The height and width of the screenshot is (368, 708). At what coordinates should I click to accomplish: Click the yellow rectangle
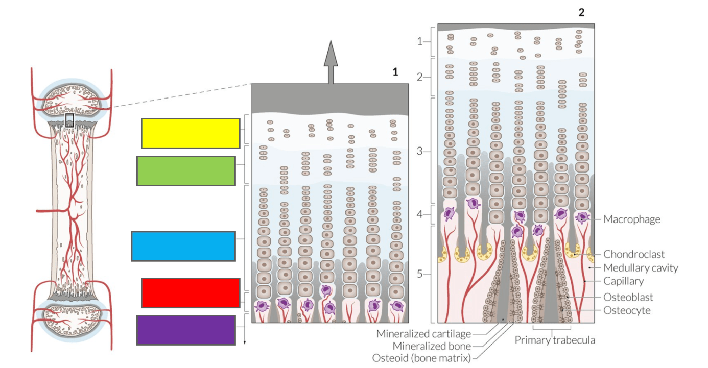point(191,133)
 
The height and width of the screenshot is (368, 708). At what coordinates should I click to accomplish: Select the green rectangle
point(186,171)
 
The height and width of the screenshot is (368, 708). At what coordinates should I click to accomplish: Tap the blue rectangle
point(183,247)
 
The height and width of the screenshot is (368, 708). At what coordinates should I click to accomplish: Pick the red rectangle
point(191,293)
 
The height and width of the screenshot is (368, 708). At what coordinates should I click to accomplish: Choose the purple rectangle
point(186,330)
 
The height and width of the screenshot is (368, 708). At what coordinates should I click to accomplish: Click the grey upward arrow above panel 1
point(331,62)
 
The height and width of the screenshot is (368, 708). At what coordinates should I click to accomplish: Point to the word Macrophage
point(632,219)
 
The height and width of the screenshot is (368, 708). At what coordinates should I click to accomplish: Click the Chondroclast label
point(634,254)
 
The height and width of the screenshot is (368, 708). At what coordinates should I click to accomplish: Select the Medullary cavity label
point(641,268)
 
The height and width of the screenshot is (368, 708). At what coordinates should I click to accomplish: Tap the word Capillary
point(623,281)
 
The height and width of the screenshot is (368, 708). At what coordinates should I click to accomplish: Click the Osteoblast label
point(628,297)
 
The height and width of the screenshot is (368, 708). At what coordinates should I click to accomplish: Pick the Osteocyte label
point(627,310)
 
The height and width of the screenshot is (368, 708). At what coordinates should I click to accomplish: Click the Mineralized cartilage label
point(423,334)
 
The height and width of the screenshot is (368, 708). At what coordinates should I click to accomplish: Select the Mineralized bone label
point(432,346)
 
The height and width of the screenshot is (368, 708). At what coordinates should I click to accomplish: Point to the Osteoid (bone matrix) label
point(421,358)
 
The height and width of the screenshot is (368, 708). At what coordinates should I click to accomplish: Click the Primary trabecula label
point(555,340)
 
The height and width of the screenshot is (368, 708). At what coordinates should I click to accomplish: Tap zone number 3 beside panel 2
point(420,151)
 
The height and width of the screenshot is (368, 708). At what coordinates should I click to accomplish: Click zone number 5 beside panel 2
point(420,274)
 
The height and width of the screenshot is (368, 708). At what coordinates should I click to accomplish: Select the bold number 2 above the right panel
point(581,12)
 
